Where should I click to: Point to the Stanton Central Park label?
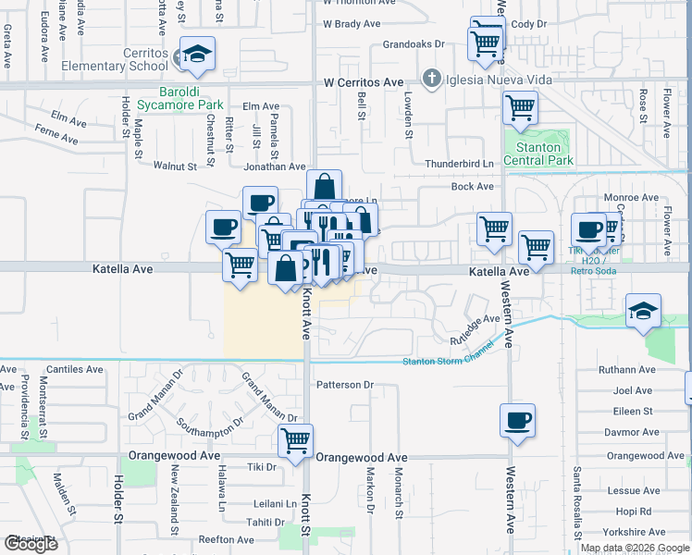538,154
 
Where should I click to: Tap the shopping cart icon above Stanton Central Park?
520,107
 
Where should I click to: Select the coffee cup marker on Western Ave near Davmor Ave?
517,420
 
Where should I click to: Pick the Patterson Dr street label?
344,385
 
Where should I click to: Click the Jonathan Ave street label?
274,166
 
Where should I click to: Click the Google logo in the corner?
31,544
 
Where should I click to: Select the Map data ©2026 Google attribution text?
634,548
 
